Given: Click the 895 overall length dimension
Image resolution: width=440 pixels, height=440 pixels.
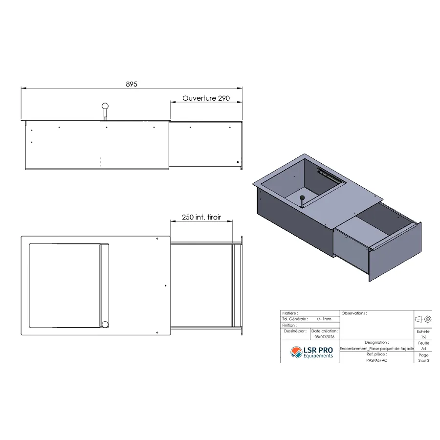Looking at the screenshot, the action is (132, 84).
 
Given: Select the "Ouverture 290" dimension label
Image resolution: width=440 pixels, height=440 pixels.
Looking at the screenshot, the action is (206, 98).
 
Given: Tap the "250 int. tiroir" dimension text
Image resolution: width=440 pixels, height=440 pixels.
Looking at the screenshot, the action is (201, 217).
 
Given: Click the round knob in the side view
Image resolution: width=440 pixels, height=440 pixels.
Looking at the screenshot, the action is (105, 107).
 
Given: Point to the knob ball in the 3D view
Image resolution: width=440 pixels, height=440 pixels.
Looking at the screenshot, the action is (302, 198).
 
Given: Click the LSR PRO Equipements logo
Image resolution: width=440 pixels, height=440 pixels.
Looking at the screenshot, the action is (311, 352).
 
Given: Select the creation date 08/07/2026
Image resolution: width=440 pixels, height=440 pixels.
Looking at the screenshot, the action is (325, 337).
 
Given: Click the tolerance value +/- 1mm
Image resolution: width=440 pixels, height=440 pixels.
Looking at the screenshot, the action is (324, 319).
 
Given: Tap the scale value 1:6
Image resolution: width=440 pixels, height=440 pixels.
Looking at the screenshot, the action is (423, 337).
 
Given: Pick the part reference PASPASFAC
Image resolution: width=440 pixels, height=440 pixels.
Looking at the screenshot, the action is (376, 360).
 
